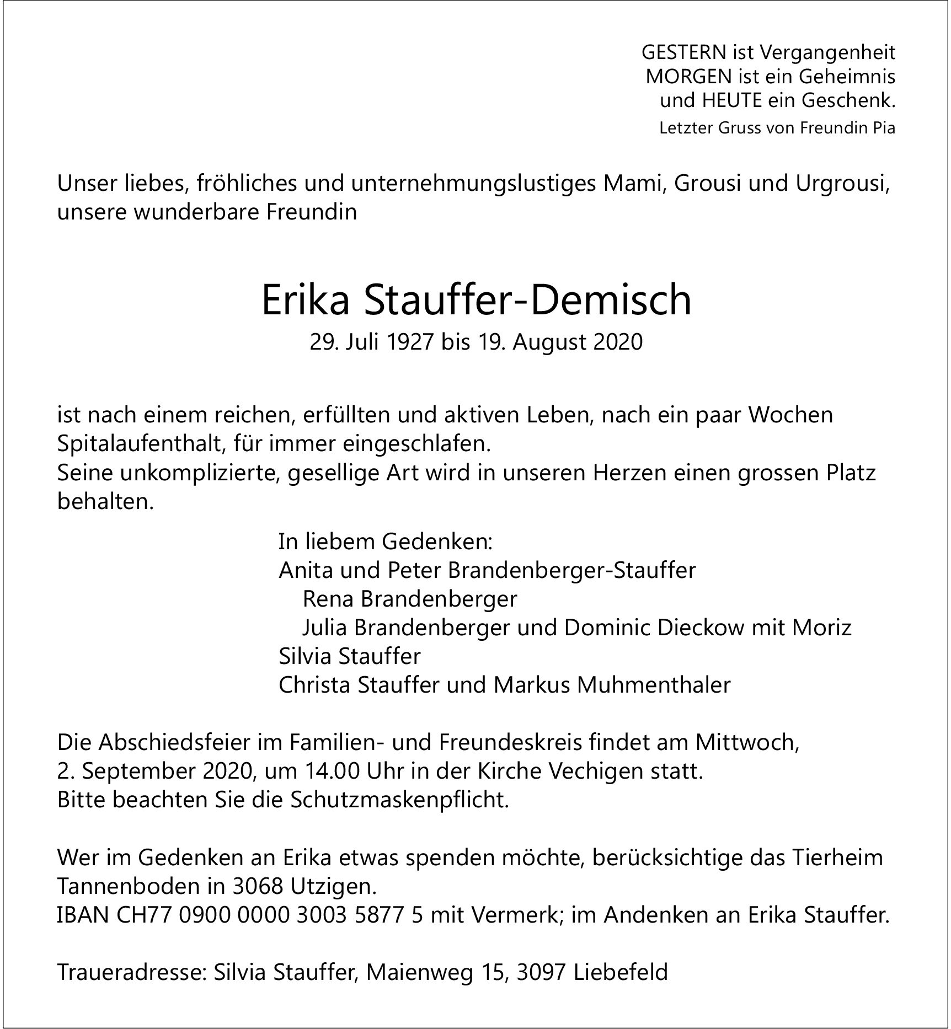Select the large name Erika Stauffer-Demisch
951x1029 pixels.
point(476,300)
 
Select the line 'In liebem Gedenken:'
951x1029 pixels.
point(385,542)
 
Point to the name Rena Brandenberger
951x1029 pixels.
point(410,599)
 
